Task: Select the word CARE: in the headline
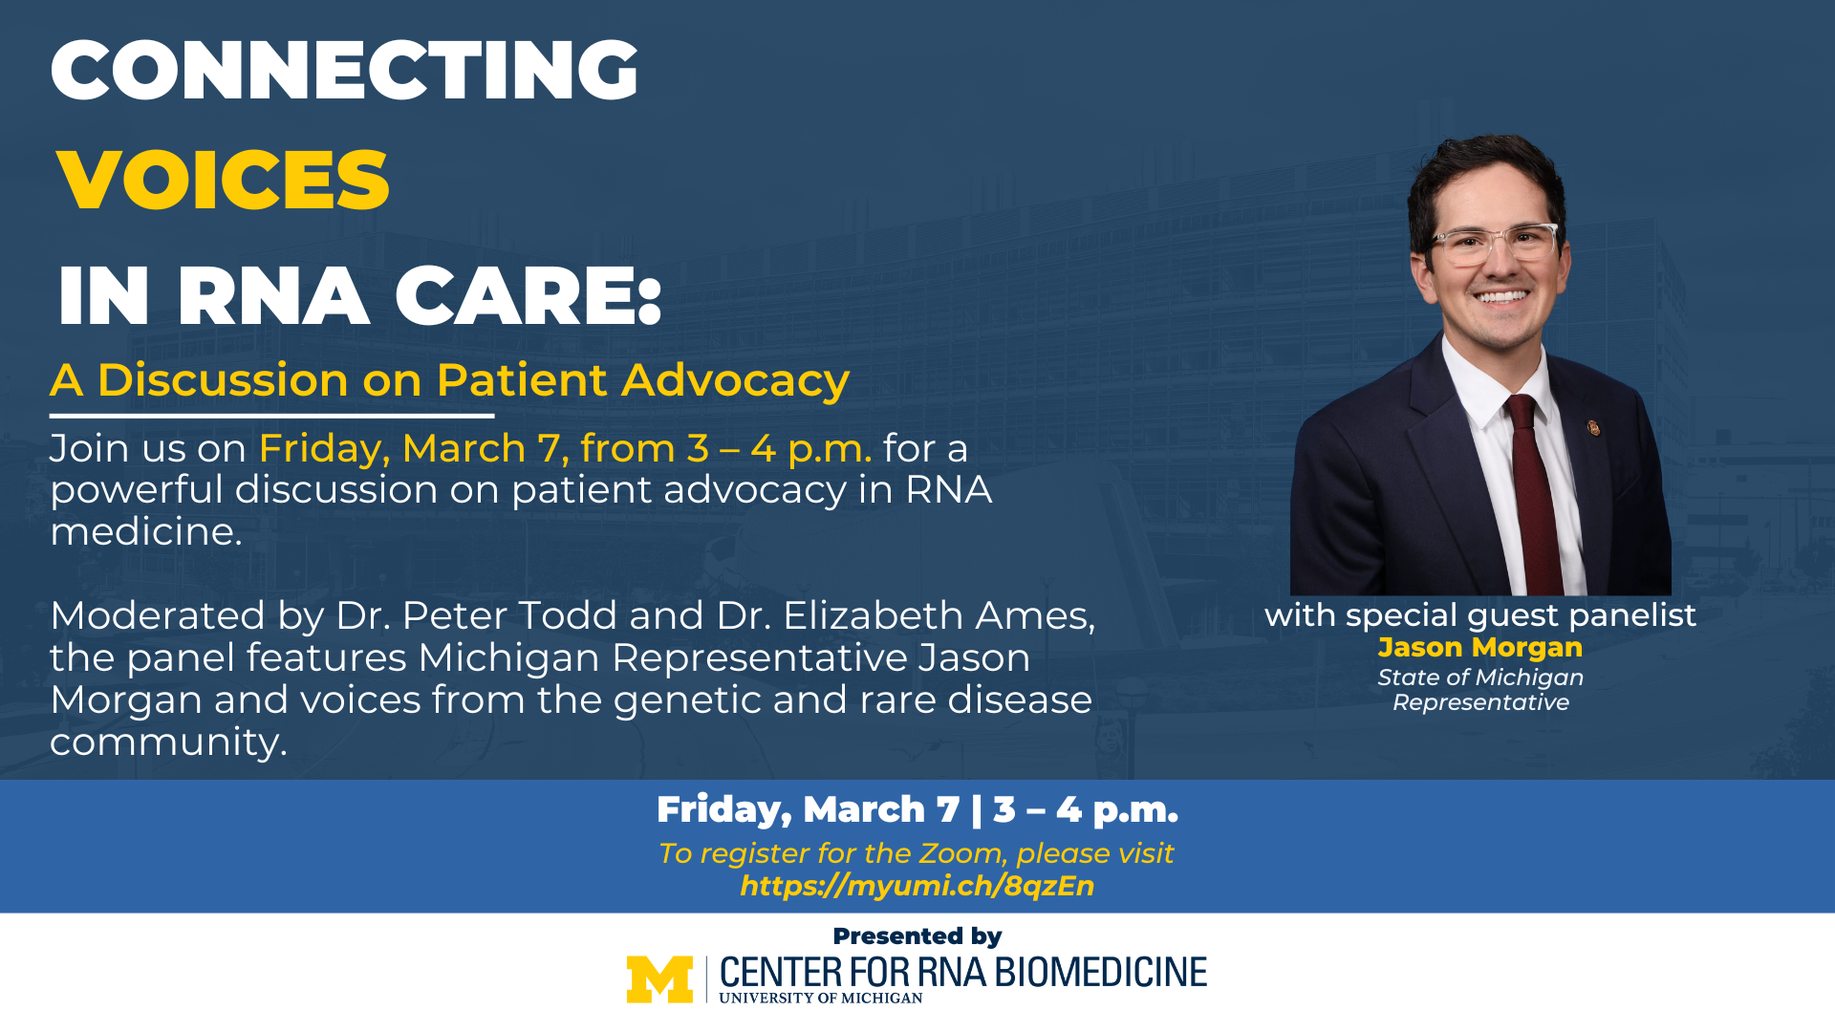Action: (x=529, y=296)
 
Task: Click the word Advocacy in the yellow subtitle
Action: (x=736, y=381)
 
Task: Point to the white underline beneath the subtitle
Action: (x=271, y=416)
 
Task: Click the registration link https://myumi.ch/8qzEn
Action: (x=917, y=886)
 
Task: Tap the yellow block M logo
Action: (x=659, y=979)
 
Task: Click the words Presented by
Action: (x=917, y=936)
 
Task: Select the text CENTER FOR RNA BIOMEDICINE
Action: (x=963, y=973)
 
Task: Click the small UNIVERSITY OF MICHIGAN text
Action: (x=821, y=999)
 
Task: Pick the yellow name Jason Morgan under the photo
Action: (x=1480, y=648)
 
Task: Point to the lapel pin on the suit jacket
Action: (x=1593, y=427)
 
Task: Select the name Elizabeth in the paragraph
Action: (x=867, y=615)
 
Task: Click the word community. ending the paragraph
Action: (x=168, y=742)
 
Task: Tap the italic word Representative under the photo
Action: (x=1480, y=702)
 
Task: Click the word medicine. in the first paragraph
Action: (x=146, y=531)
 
